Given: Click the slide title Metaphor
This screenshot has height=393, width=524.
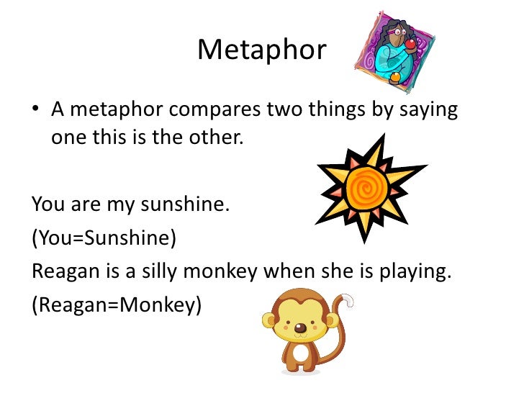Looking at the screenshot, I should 261,50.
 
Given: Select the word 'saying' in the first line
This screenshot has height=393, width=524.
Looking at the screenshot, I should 423,112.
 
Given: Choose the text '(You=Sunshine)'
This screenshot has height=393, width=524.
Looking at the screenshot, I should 104,238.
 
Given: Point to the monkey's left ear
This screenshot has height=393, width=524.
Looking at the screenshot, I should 269,322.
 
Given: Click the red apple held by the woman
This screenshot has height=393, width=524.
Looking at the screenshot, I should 410,44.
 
